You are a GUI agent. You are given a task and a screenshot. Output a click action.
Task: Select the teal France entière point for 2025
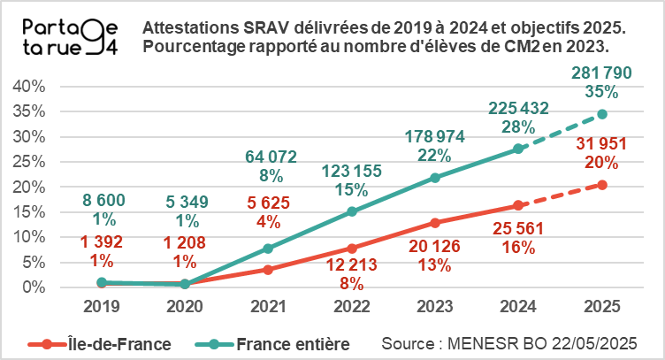[602, 114]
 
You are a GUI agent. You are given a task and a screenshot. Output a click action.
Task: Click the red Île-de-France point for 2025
[602, 185]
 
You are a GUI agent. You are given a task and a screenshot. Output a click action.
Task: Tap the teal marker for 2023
[433, 178]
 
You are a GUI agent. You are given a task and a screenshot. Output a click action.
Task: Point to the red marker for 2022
[352, 249]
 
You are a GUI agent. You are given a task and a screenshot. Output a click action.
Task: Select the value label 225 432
[518, 109]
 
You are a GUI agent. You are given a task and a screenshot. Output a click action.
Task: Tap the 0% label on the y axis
[33, 287]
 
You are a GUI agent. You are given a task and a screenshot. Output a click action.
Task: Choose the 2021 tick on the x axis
[269, 306]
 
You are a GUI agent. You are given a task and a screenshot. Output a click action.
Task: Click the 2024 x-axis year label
[518, 306]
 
